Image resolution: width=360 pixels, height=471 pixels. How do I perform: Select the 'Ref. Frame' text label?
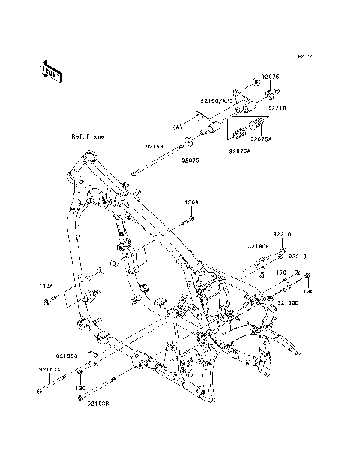pos(88,137)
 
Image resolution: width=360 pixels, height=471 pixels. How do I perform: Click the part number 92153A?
pos(50,369)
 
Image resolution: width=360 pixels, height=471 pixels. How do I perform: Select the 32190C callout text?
pos(67,353)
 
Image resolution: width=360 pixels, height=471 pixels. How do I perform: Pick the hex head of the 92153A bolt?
pos(37,390)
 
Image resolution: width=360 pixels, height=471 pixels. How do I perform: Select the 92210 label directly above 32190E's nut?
pos(281,234)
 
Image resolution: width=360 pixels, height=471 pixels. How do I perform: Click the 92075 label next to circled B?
pos(269,77)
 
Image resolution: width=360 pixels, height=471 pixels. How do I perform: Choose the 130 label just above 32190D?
pos(281,272)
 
